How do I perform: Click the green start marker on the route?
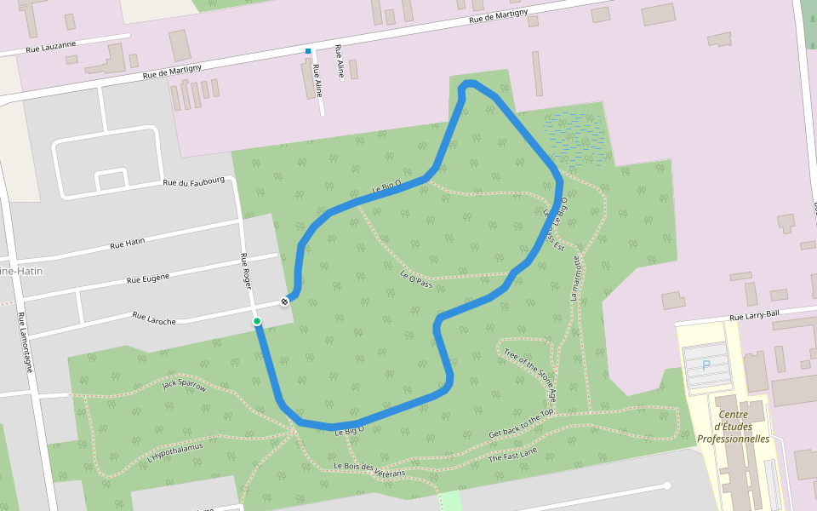pos(256,321)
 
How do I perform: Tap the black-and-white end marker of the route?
pos(284,301)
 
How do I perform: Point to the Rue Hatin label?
pos(128,244)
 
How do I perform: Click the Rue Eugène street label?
pos(148,278)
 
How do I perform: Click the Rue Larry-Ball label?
pos(754,315)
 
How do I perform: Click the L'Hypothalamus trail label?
pos(174,453)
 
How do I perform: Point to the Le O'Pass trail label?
pos(416,278)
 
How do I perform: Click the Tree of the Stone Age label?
pos(529,375)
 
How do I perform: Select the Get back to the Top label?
pos(521,423)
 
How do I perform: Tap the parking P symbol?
pos(706,365)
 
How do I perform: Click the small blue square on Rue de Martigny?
pos(309,52)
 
